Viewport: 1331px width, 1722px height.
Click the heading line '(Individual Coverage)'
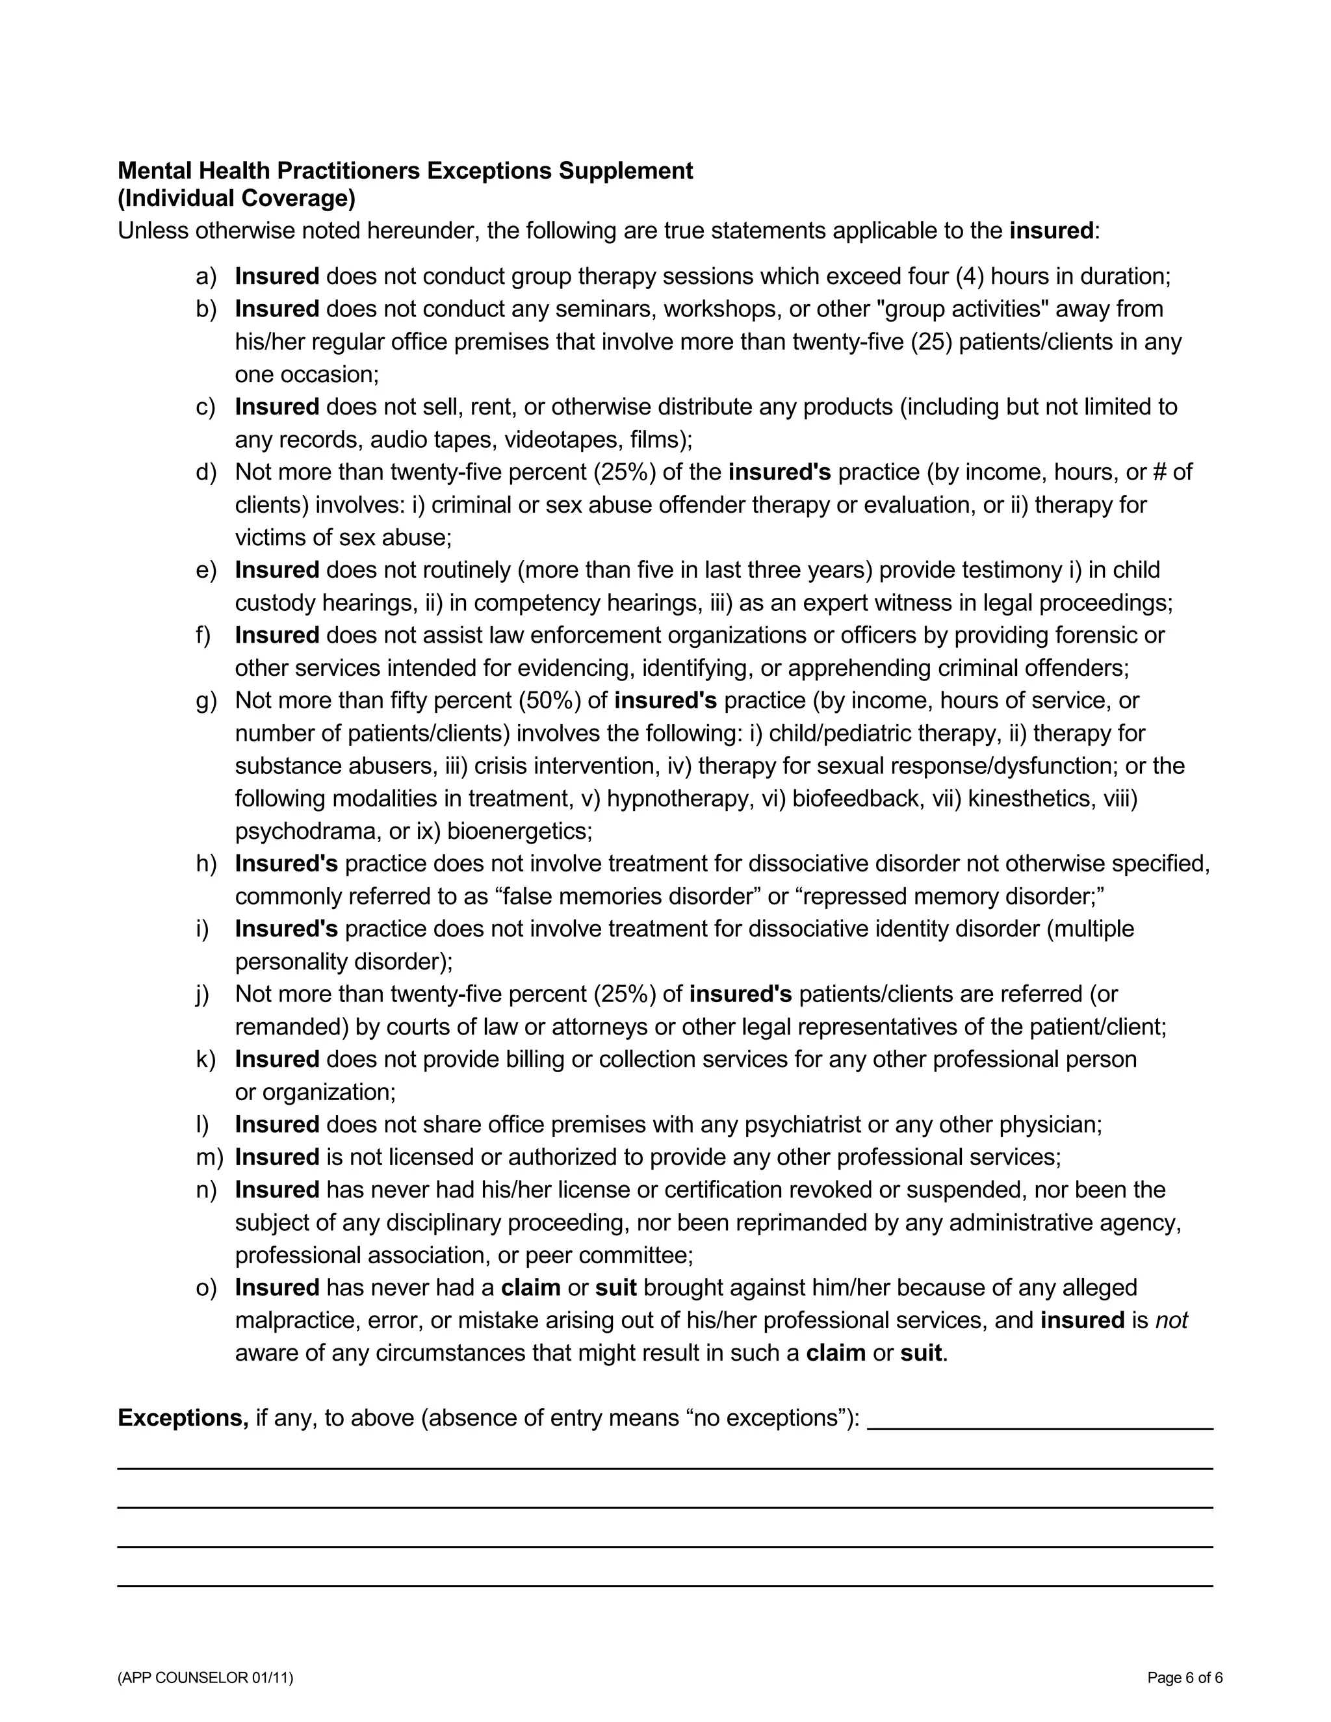pyautogui.click(x=237, y=199)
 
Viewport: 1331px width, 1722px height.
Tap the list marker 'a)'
pyautogui.click(x=206, y=277)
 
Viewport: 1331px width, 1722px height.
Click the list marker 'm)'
pyautogui.click(x=209, y=1157)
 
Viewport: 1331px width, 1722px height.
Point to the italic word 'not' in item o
pyautogui.click(x=1171, y=1320)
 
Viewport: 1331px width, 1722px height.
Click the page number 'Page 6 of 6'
pyautogui.click(x=1184, y=1678)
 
